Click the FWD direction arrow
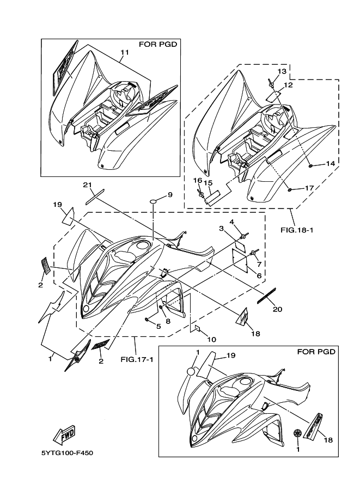point(64,435)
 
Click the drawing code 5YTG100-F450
point(67,453)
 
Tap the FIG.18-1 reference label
point(297,230)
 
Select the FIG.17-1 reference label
point(137,360)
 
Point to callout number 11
point(125,52)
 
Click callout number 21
point(87,185)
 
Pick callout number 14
point(330,163)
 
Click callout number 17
point(309,188)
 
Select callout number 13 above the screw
point(282,71)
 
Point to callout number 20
point(278,309)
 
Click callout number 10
point(211,340)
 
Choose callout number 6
point(259,276)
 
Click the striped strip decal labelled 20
point(266,296)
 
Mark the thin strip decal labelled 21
point(95,197)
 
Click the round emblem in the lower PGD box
point(298,433)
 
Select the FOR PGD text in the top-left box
point(158,44)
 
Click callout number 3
point(222,228)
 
